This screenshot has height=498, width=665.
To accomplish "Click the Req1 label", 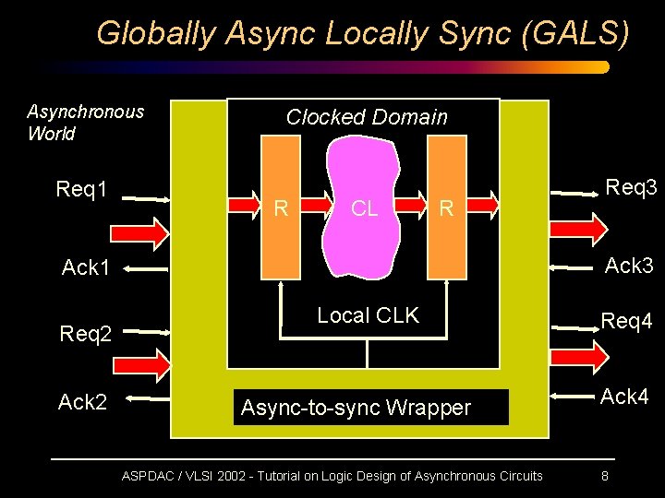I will coord(82,190).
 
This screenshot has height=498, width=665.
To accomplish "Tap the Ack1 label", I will coord(86,268).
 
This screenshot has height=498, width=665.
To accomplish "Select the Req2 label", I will coord(86,333).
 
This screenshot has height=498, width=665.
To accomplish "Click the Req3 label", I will coord(631,188).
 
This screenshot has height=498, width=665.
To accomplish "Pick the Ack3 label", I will coord(629,267).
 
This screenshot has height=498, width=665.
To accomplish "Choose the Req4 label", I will coord(627,322).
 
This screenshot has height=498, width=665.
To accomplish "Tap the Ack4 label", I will coord(626,397).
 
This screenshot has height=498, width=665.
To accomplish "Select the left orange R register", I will coord(282,207).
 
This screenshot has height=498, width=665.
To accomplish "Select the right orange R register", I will coord(447,207).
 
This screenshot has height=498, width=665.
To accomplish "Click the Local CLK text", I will coord(368,315).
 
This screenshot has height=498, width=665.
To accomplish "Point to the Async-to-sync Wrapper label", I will coord(356,408).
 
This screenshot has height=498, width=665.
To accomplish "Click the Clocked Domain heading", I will coord(367,117).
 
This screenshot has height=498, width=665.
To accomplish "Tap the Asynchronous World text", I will coord(85,123).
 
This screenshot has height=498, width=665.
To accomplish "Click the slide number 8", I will coord(605,477).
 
